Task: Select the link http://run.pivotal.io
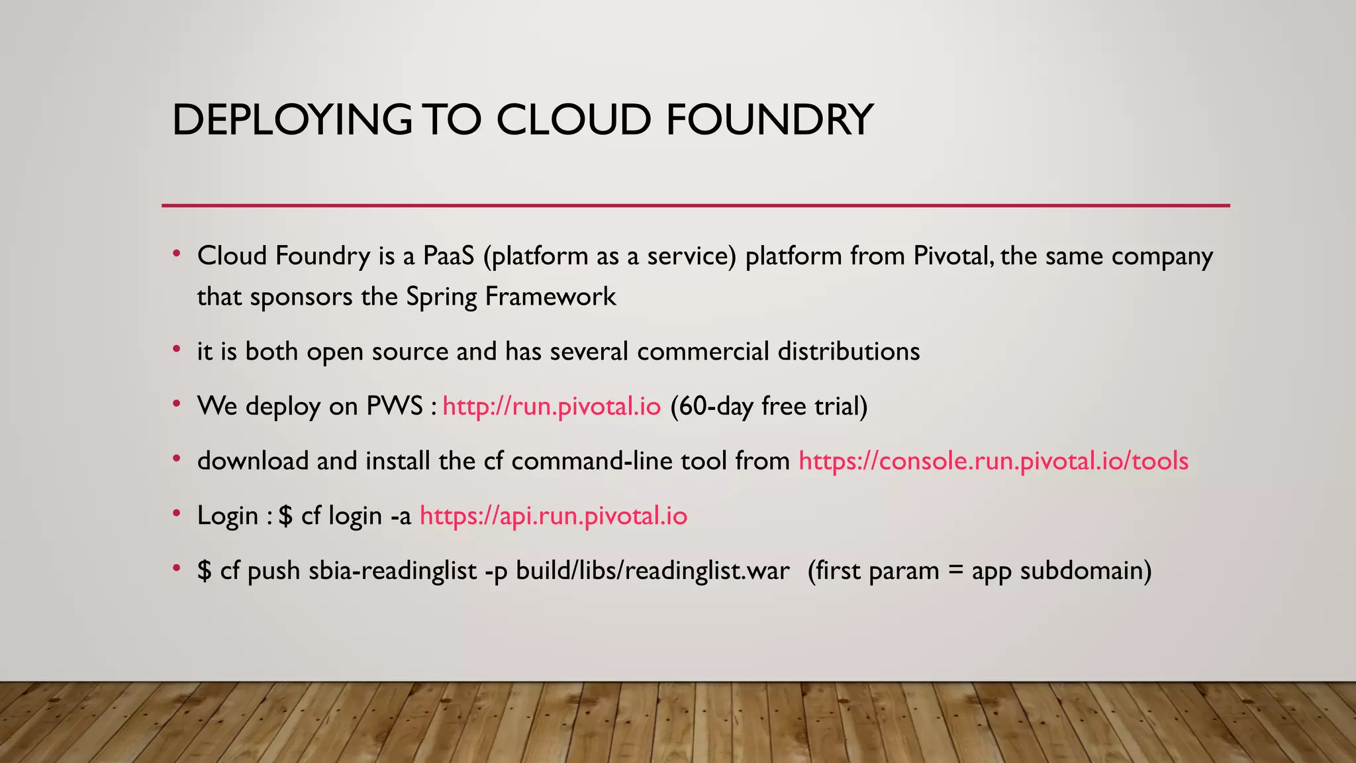click(x=552, y=406)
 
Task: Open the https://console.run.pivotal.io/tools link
click(x=993, y=461)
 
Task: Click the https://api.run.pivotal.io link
click(x=554, y=516)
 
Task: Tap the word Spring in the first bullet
click(x=441, y=297)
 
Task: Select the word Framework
click(x=550, y=297)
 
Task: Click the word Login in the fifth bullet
click(x=227, y=516)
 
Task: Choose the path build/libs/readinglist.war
click(x=652, y=571)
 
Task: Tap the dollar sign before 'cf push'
click(x=204, y=571)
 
